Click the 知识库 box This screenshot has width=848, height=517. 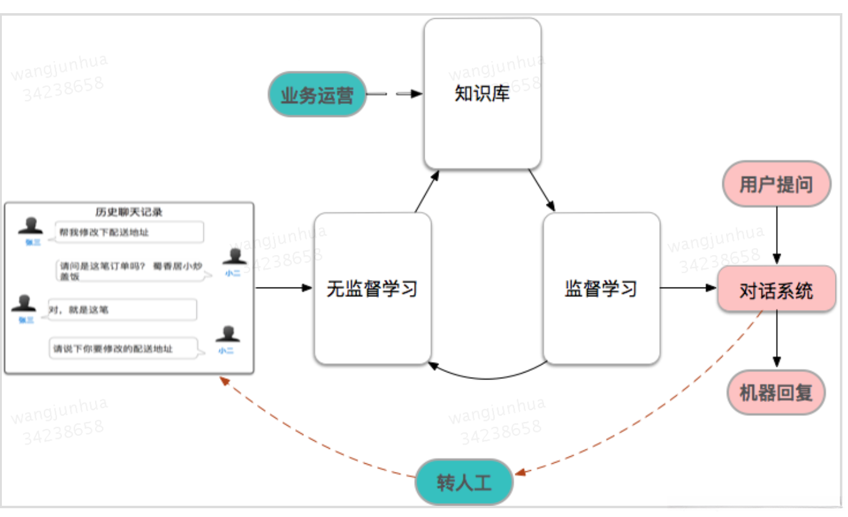[x=482, y=94]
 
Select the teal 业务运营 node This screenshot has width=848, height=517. [x=317, y=94]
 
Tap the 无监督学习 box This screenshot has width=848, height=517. [x=373, y=288]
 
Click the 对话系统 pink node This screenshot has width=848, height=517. [x=776, y=289]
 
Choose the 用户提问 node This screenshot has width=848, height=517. [x=776, y=184]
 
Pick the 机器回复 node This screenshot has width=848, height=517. [x=776, y=393]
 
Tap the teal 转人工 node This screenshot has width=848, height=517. [x=464, y=482]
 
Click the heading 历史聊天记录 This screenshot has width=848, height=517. [x=129, y=212]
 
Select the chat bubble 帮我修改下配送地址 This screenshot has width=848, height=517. [x=129, y=233]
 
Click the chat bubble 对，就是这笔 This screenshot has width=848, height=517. [x=123, y=309]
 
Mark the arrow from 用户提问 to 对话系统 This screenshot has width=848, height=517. [x=777, y=236]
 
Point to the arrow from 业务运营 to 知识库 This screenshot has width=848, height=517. [x=394, y=94]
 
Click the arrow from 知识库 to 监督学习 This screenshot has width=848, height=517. [x=542, y=190]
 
